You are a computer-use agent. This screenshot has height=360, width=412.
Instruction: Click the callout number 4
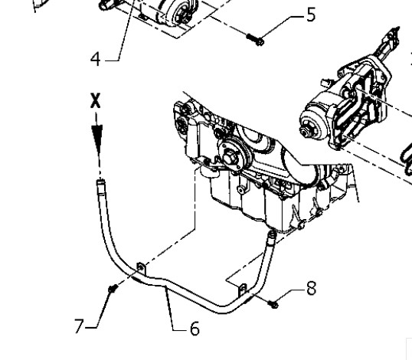tap(96, 59)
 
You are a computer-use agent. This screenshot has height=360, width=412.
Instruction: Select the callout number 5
tap(311, 15)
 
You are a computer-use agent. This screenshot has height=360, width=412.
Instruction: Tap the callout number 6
tap(195, 329)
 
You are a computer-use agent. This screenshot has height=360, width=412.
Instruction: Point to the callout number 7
tap(79, 326)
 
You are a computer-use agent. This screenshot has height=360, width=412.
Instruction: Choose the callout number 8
tap(312, 288)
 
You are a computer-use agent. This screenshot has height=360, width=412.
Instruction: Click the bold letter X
tap(96, 100)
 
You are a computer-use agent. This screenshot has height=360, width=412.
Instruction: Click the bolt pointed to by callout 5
tap(255, 39)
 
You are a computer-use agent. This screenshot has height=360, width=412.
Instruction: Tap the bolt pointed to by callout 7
tap(113, 289)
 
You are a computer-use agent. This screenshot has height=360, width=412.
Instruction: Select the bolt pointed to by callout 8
tap(273, 304)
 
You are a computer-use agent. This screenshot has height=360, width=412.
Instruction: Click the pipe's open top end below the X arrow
tap(100, 182)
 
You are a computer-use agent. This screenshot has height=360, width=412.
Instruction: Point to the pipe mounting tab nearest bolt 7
tap(141, 269)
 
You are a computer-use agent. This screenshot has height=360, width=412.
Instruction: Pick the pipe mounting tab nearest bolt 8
tap(243, 290)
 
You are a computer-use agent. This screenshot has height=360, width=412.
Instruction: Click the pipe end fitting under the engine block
tap(271, 235)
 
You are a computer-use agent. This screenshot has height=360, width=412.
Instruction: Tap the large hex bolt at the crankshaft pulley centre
tap(229, 157)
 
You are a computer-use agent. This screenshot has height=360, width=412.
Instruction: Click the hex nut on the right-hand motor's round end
tap(305, 133)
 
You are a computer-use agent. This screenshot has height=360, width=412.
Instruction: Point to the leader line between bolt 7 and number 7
tap(103, 309)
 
